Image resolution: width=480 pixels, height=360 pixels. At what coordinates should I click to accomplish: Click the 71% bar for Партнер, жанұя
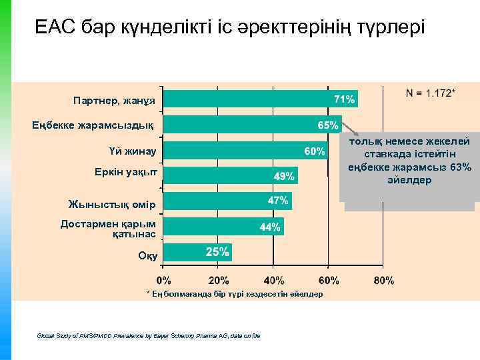tap(260, 99)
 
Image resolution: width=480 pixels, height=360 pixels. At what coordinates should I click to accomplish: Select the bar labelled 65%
tap(252, 125)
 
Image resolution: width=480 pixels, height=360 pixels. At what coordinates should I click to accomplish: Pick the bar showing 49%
tap(230, 176)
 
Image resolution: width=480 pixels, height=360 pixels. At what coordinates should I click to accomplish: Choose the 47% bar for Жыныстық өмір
tap(227, 201)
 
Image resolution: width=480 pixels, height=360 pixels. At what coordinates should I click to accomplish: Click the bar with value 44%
tap(223, 227)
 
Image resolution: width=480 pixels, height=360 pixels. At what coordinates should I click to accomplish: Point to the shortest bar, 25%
tap(197, 252)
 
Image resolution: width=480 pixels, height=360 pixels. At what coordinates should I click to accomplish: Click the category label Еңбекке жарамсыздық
tap(93, 125)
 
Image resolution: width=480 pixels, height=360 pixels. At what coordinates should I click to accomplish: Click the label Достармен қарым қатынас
tap(108, 229)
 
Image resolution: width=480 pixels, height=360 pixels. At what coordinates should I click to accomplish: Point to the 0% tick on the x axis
tap(164, 280)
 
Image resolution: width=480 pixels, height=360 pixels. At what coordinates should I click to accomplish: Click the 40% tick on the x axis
tap(273, 280)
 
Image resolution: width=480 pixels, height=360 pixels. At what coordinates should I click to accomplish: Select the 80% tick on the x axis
tap(383, 280)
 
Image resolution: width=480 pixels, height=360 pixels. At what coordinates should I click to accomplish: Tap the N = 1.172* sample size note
tap(431, 91)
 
